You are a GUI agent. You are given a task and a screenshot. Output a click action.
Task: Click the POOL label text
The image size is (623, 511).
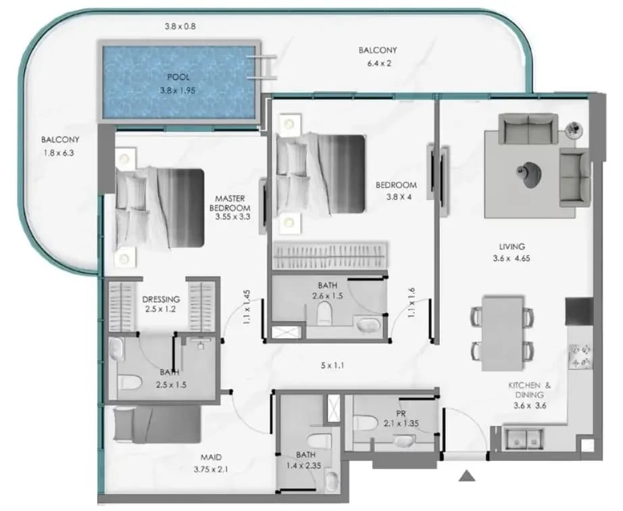(x=178, y=77)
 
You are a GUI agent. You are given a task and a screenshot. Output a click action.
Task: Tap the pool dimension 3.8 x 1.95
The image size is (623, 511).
(x=178, y=91)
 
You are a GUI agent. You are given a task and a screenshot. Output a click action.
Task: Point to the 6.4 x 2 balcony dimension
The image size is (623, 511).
(x=380, y=63)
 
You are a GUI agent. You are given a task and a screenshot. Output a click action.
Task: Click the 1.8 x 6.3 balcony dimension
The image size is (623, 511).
(x=59, y=153)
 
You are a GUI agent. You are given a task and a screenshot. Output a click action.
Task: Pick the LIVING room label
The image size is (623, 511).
(x=512, y=246)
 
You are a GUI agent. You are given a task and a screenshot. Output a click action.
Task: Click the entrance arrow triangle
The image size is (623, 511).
(x=467, y=476)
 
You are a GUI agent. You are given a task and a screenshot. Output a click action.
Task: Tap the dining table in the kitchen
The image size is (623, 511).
(x=503, y=333)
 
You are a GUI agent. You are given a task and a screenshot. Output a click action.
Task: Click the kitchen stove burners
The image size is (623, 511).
(x=580, y=356)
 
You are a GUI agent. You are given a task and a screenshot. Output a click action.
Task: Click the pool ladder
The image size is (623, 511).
(x=261, y=68)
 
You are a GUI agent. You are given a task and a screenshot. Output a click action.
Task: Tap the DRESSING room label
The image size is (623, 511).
(x=161, y=299)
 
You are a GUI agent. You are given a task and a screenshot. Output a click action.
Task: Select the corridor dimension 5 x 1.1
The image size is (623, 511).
(x=332, y=365)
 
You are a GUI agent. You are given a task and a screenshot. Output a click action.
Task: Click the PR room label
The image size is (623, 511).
(x=401, y=413)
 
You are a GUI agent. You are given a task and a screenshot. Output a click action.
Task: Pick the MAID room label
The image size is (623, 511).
(x=211, y=458)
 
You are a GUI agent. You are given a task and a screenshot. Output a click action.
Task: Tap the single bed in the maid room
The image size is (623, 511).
(x=157, y=424)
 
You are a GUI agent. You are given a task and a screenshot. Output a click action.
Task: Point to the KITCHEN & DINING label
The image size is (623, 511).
(x=530, y=390)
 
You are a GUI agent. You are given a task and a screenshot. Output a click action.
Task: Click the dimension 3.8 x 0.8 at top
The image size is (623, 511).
(x=180, y=26)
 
